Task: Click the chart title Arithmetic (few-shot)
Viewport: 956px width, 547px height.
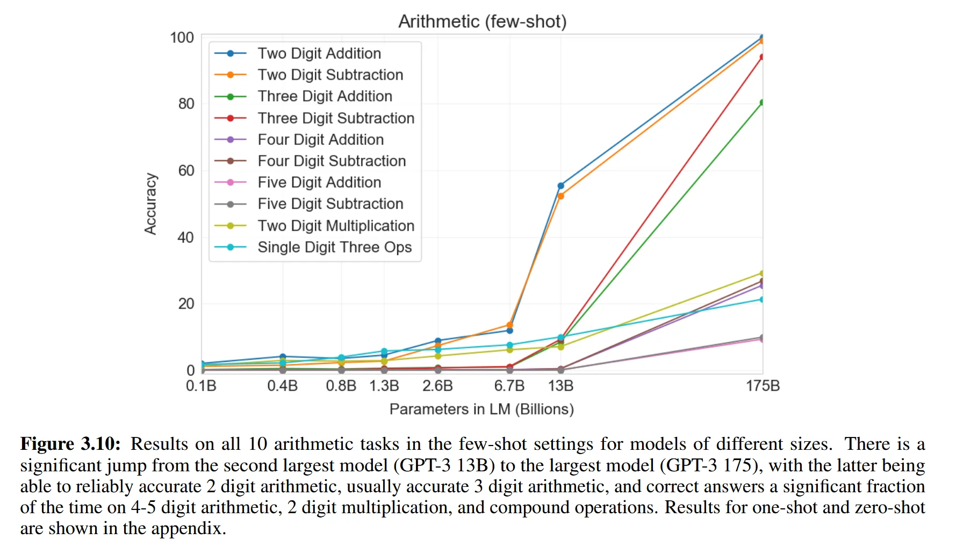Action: pyautogui.click(x=482, y=21)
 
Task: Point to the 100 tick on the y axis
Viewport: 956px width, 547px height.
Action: pyautogui.click(x=182, y=38)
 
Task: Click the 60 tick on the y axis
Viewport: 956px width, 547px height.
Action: pyautogui.click(x=186, y=171)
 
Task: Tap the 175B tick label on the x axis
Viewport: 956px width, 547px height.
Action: pyautogui.click(x=763, y=385)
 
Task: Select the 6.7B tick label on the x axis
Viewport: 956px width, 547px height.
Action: pyautogui.click(x=509, y=385)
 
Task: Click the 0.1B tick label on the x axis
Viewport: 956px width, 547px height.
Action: pyautogui.click(x=201, y=385)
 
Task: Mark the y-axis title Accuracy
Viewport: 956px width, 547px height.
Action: pyautogui.click(x=150, y=204)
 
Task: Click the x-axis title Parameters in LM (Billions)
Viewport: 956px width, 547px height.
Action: pyautogui.click(x=481, y=409)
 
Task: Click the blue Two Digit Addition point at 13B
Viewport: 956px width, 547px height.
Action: pyautogui.click(x=560, y=186)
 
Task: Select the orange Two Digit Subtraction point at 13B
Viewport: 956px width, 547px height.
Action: pyautogui.click(x=560, y=196)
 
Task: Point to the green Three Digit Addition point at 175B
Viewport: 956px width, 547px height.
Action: pyautogui.click(x=761, y=103)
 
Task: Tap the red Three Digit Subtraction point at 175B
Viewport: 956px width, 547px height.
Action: pyautogui.click(x=761, y=57)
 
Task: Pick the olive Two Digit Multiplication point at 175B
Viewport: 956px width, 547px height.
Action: pyautogui.click(x=761, y=273)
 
